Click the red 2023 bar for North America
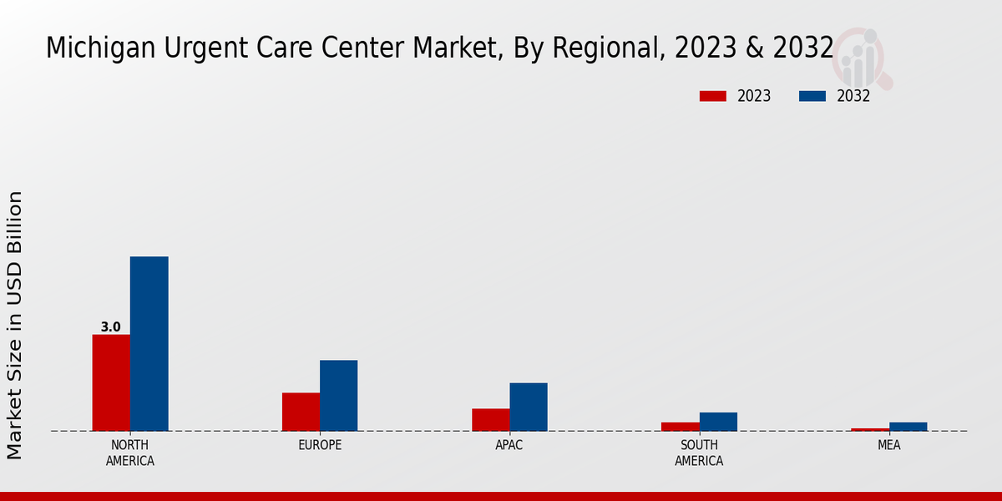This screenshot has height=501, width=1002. [x=111, y=382]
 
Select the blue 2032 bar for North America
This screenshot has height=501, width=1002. [x=149, y=343]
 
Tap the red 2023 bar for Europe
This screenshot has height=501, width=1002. [x=301, y=412]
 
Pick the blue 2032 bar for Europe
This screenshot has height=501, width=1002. [x=338, y=395]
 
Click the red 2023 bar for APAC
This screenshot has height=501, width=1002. [x=490, y=419]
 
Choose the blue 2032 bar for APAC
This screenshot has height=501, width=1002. [x=529, y=407]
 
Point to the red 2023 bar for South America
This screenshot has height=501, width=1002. [x=680, y=427]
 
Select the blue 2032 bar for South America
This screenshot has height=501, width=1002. [x=718, y=422]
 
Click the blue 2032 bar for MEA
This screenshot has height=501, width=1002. [x=908, y=427]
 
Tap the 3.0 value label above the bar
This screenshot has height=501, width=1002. [x=110, y=327]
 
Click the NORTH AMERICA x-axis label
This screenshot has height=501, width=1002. [x=130, y=453]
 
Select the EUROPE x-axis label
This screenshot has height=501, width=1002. [x=320, y=445]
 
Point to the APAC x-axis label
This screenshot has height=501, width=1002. [x=509, y=445]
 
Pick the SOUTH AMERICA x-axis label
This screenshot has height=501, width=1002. [x=699, y=453]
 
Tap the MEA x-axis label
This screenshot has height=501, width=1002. [x=888, y=445]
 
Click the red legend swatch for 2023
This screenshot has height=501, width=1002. [x=712, y=96]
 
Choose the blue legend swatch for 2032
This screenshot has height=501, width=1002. [x=812, y=96]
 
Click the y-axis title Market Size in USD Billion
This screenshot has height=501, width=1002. [x=15, y=325]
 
